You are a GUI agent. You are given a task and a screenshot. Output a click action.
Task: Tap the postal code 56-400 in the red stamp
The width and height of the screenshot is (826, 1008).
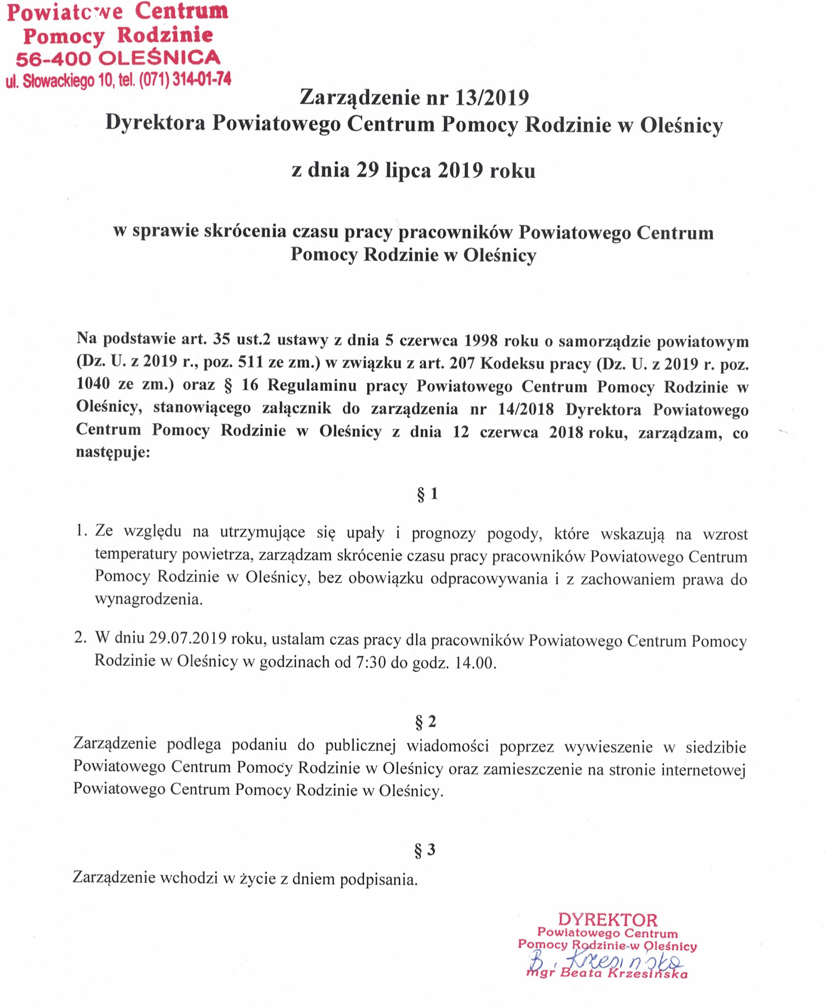tap(53, 59)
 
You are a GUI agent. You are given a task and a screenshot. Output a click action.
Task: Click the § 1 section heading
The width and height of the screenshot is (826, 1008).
tap(427, 494)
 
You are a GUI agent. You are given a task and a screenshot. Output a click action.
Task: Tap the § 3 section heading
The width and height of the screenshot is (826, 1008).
tap(425, 850)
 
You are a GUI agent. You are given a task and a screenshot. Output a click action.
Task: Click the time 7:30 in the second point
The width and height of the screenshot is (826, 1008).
tap(370, 663)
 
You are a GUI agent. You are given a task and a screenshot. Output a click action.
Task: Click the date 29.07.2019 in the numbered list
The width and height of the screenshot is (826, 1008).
tap(187, 638)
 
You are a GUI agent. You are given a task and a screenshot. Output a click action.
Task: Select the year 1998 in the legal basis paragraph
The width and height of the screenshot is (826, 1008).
tap(481, 340)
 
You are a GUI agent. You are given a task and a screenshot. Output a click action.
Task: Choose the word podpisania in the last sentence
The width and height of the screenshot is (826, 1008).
tap(378, 880)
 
